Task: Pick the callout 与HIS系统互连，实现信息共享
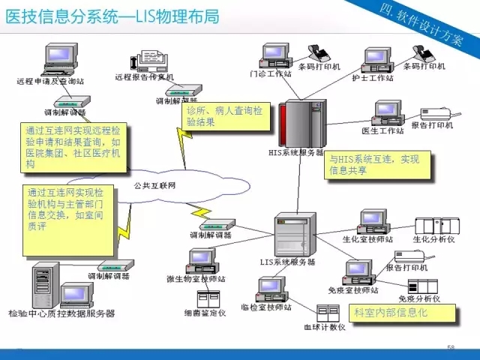click(x=379, y=164)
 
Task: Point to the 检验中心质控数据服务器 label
click(x=61, y=313)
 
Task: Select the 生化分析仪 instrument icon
click(x=434, y=226)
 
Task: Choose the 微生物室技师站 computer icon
click(x=202, y=261)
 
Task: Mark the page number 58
click(x=451, y=347)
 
